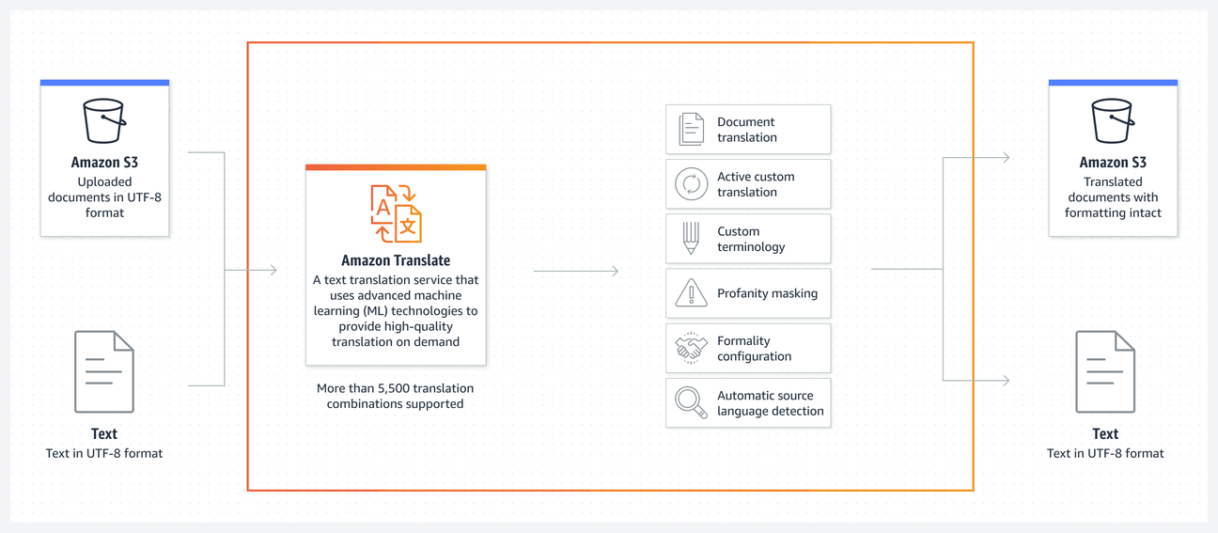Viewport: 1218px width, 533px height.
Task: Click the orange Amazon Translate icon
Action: click(x=396, y=213)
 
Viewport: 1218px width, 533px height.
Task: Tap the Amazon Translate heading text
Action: click(x=396, y=260)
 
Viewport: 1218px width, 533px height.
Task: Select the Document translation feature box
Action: click(x=748, y=130)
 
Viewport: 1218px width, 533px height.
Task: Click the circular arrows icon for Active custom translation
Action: click(x=691, y=184)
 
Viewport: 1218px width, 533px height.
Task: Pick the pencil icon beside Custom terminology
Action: click(x=691, y=239)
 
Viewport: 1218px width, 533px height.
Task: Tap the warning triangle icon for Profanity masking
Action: click(x=691, y=293)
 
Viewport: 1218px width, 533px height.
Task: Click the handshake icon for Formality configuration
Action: click(x=691, y=348)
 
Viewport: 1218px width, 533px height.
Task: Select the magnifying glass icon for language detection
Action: click(x=691, y=402)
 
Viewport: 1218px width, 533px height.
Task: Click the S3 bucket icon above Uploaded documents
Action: click(x=104, y=121)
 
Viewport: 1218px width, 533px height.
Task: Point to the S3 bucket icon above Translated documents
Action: click(x=1113, y=121)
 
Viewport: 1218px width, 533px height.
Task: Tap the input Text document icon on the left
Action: click(x=104, y=371)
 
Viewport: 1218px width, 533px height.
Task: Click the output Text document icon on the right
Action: click(x=1105, y=371)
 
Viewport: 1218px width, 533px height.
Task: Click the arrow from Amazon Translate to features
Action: click(x=575, y=271)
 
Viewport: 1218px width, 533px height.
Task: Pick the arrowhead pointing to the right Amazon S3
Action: click(x=1006, y=158)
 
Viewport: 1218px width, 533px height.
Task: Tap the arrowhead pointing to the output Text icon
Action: click(x=1006, y=381)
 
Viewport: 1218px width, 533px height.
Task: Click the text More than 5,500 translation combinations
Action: click(x=395, y=396)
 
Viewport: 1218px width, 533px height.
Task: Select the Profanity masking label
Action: click(x=767, y=293)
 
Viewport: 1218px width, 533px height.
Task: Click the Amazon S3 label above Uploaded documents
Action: click(x=104, y=163)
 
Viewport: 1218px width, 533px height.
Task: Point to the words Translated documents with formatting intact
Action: click(x=1113, y=197)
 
